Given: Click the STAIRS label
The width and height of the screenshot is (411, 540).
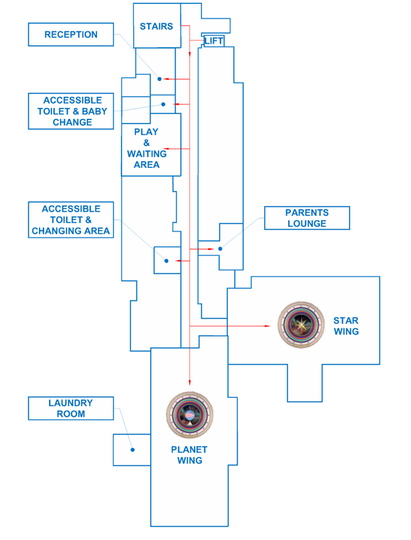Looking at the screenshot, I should (x=156, y=27).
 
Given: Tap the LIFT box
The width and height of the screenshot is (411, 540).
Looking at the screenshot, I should (x=214, y=41).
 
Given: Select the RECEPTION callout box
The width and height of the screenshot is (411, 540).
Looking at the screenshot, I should (x=71, y=35).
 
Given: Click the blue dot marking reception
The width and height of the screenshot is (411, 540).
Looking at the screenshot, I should (x=160, y=79).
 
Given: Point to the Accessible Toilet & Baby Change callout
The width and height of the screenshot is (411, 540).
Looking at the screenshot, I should (x=71, y=111).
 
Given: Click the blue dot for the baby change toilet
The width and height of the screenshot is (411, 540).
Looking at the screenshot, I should (x=163, y=104).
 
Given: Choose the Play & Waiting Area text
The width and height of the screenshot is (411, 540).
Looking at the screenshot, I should (x=146, y=148).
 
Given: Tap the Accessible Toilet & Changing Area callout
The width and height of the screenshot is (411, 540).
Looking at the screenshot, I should (x=71, y=220).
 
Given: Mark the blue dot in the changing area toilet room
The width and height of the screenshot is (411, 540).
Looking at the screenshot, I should (x=166, y=261).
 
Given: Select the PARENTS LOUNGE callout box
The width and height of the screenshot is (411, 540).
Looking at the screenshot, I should (x=307, y=218).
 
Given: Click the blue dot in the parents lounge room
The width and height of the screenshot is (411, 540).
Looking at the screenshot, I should (x=220, y=249).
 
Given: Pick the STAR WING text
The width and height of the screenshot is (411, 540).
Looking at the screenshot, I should (x=345, y=326).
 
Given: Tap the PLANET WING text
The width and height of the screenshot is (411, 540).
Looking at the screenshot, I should (x=190, y=455).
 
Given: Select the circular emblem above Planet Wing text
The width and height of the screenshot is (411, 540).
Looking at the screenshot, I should (x=190, y=415).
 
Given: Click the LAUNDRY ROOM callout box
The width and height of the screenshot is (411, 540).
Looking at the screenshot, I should (x=71, y=408).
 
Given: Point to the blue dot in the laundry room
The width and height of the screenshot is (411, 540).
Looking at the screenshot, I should (x=132, y=449).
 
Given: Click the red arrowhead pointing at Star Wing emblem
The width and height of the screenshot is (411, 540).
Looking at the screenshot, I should (x=268, y=326).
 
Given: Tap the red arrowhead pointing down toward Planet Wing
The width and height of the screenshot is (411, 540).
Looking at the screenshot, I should (x=189, y=384).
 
